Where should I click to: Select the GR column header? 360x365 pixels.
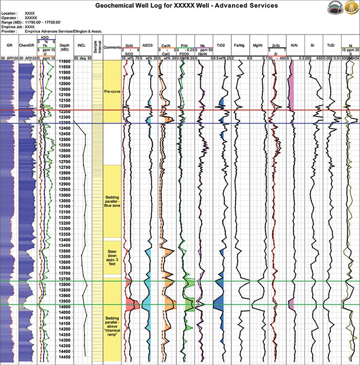coord(9,46)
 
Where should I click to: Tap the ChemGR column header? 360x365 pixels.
coord(26,46)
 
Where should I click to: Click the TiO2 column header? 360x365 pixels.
coord(222,46)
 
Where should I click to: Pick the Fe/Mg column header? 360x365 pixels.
coord(241,46)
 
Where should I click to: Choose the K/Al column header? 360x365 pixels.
coord(295,46)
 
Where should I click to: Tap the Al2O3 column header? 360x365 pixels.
coord(148,46)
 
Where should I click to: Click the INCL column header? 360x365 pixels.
coord(82,46)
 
